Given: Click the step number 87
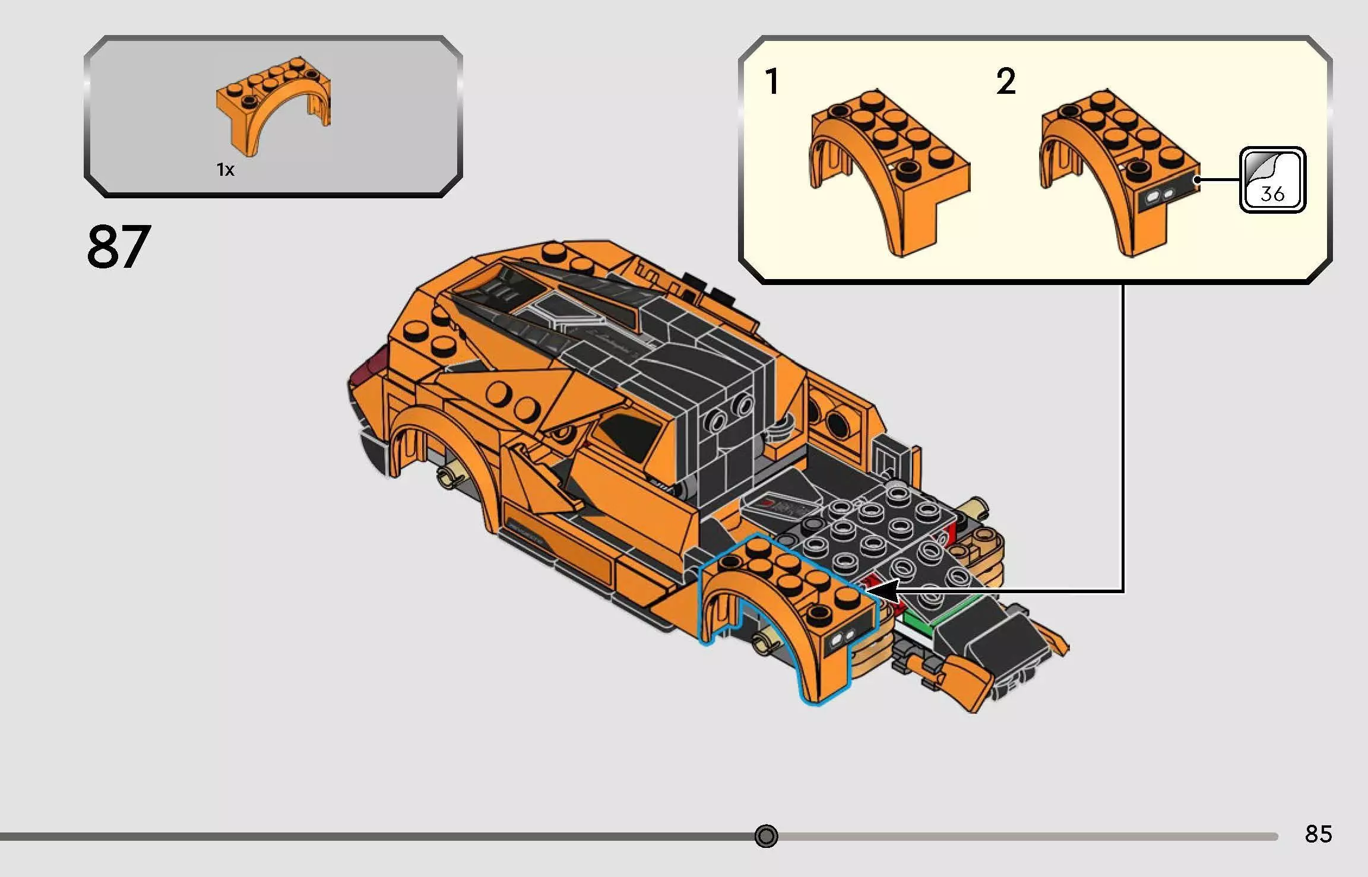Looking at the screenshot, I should [x=119, y=246].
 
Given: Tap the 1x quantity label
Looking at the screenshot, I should [x=226, y=170].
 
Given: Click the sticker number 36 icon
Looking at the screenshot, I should [x=1272, y=180].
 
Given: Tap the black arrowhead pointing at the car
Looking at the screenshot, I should [x=879, y=591].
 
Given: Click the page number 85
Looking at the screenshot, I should [x=1318, y=834].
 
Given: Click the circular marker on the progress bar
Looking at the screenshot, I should [x=766, y=836].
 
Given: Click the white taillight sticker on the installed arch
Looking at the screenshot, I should [x=843, y=638].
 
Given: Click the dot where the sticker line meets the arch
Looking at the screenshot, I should [x=1197, y=179].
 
